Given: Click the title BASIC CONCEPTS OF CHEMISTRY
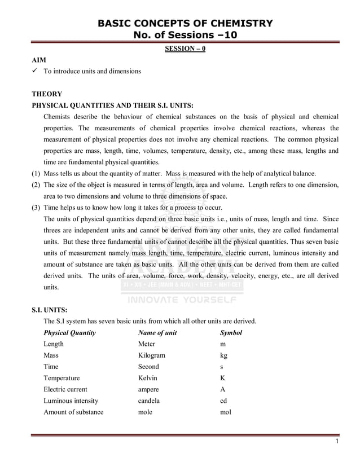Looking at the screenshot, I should tap(185, 23).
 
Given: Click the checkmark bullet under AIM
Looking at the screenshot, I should tap(35, 72).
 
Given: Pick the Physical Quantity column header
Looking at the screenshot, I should tap(69, 333).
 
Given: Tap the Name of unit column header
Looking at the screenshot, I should tap(157, 333).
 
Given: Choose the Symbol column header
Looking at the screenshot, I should tap(231, 333).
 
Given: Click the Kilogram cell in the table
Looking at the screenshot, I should tap(152, 355).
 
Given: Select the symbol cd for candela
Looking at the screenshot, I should tap(223, 401).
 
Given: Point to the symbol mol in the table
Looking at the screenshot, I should tap(225, 412).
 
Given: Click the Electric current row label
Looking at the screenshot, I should tap(65, 390).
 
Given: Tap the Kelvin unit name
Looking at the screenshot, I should tap(148, 378).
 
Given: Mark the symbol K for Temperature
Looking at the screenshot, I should tap(223, 378).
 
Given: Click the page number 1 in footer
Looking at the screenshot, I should tap(336, 441).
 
